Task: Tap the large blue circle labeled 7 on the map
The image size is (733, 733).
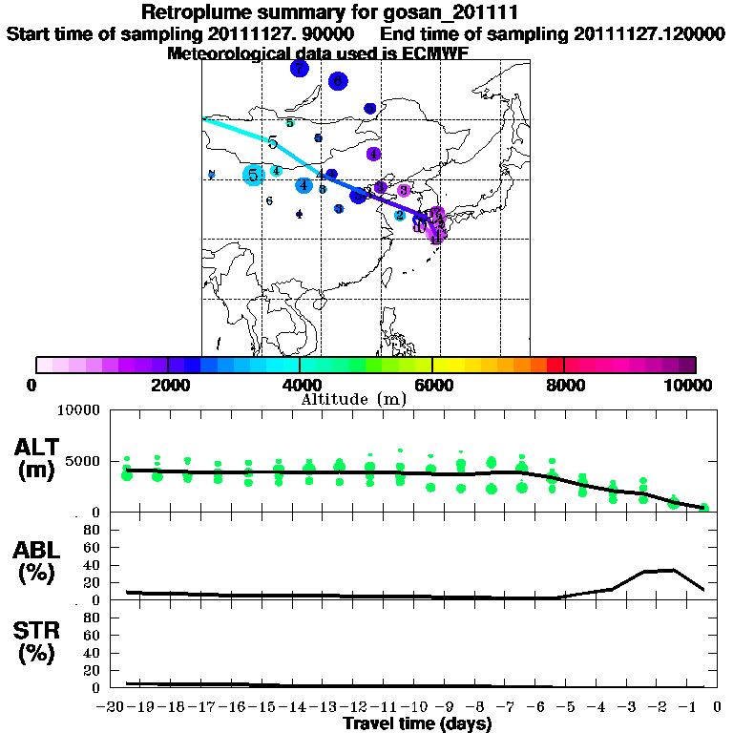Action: [300, 69]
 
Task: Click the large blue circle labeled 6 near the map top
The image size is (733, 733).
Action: [337, 82]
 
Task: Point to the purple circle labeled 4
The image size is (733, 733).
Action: [374, 154]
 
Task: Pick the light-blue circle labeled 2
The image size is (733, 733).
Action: [400, 216]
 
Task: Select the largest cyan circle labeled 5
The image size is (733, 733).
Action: [253, 175]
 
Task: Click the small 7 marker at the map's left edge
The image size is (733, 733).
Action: [212, 175]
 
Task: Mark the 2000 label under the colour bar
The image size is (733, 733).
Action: [168, 385]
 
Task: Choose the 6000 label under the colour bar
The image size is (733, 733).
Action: [432, 385]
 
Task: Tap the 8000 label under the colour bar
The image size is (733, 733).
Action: [564, 385]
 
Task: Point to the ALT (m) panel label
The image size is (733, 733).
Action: [39, 458]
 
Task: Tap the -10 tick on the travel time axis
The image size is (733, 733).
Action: [419, 708]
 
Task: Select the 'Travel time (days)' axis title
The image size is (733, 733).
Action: [417, 724]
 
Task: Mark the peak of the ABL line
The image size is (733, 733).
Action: [674, 570]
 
